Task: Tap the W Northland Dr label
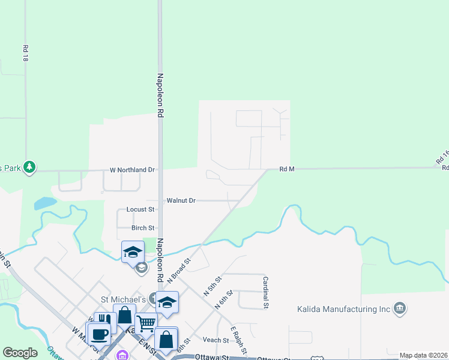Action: [132, 170]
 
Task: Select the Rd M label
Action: [287, 169]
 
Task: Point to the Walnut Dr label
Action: [181, 200]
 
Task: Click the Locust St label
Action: [140, 209]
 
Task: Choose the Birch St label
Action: [143, 228]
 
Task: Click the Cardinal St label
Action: [264, 293]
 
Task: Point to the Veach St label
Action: [216, 340]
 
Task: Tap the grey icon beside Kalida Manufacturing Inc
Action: [400, 309]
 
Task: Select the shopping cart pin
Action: [146, 325]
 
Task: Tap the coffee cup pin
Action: [98, 333]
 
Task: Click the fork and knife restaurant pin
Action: [105, 322]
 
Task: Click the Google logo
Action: [20, 353]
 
